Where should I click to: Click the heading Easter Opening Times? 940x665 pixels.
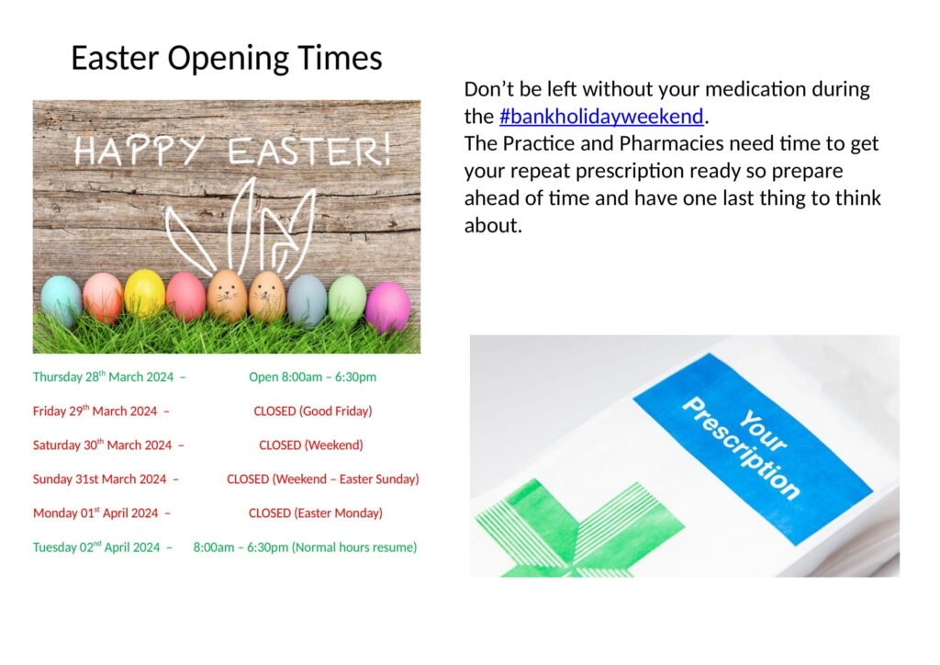226,59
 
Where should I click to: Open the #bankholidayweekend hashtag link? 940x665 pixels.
601,117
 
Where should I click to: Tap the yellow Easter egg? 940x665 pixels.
144,293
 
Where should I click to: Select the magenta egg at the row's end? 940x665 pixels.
387,307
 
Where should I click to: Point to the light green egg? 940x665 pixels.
347,298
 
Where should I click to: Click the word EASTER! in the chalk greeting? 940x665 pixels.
309,151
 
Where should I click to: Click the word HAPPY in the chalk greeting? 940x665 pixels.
140,151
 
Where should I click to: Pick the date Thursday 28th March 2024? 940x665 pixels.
105,377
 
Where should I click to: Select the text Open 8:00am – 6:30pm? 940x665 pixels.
312,377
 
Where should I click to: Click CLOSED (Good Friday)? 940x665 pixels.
312,411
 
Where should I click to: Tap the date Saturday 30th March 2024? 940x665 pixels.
103,445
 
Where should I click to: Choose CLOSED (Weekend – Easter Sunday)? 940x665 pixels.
322,479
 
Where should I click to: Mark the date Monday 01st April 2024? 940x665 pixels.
95,513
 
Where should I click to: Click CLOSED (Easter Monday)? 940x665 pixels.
315,513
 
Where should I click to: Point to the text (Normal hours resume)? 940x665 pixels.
354,547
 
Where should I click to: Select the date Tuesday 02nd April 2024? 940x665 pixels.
96,547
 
